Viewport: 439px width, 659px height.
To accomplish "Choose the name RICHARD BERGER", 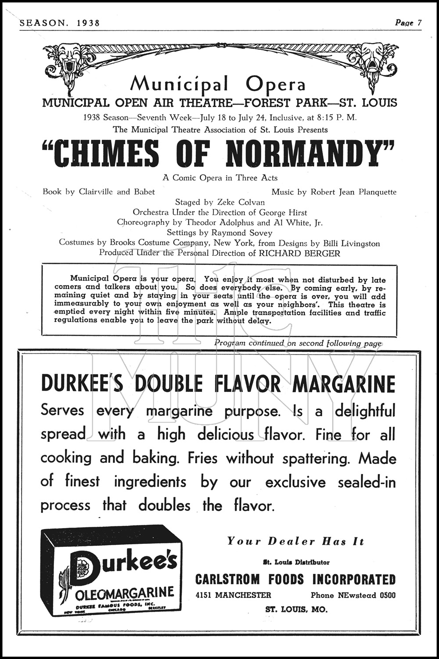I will click(299, 253).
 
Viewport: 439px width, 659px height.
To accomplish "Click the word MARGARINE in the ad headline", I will click(344, 384).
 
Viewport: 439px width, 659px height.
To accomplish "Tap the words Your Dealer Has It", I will click(295, 541).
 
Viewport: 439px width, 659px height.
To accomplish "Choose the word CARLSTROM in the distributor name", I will click(227, 579).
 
